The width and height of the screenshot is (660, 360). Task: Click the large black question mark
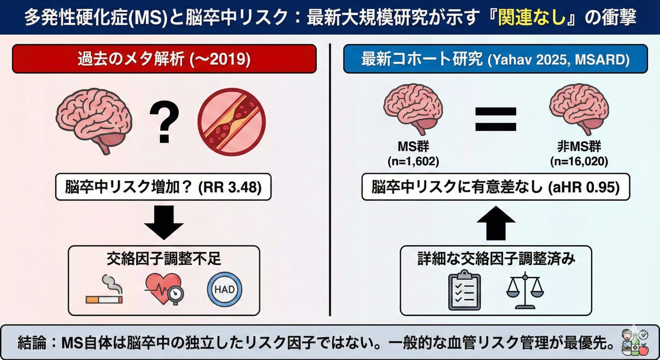164,121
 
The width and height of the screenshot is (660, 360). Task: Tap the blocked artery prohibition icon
232,122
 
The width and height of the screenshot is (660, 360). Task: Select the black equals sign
495,119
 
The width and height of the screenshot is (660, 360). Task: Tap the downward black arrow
164,222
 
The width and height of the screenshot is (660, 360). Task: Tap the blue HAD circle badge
224,290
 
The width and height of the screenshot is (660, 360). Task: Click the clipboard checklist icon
464,290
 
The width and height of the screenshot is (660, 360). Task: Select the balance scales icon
525,290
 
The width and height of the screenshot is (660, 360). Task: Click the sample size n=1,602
413,161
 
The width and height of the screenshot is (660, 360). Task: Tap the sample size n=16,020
579,161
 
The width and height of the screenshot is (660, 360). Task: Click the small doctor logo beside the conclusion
635,343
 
